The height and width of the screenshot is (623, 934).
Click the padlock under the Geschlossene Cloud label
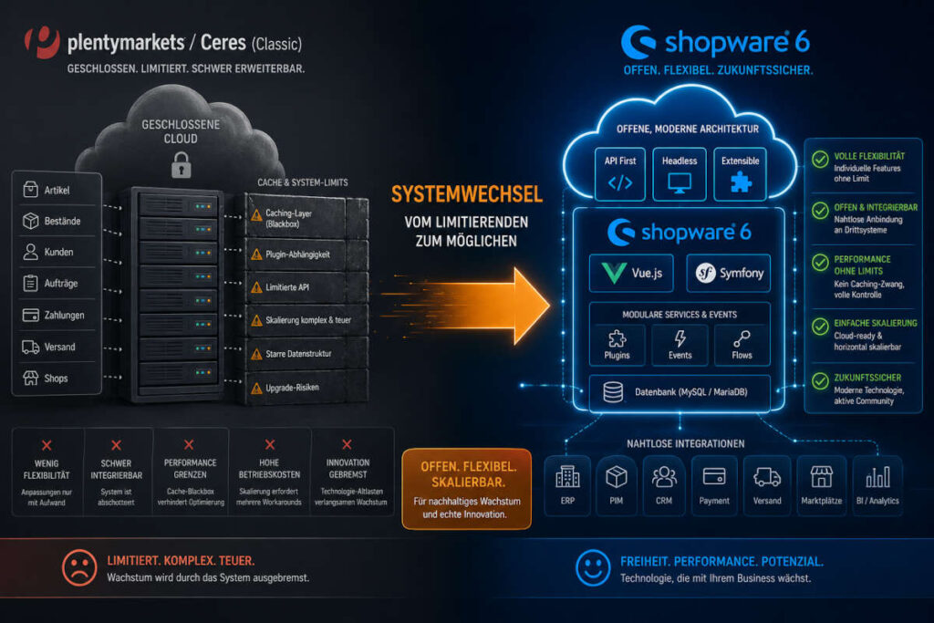[x=182, y=165]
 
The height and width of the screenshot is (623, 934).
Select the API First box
[x=620, y=174]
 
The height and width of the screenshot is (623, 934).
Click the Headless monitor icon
[x=679, y=182]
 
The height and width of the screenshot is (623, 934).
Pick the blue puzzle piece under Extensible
[x=741, y=182]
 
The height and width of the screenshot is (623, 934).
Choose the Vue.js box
[x=631, y=274]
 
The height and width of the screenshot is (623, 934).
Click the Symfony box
[x=729, y=274]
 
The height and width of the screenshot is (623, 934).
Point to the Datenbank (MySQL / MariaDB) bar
[x=680, y=392]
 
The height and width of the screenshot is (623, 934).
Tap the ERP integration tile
[x=567, y=485]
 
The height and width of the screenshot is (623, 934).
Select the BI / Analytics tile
[x=877, y=485]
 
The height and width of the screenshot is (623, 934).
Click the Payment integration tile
[x=713, y=485]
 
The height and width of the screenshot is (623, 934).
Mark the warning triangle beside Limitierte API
[x=256, y=287]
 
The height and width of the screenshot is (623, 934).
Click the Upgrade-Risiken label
[x=292, y=388]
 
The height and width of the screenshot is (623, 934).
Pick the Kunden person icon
[x=30, y=252]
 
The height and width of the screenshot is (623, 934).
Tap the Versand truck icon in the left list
[x=30, y=347]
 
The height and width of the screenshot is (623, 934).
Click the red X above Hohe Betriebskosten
[x=270, y=444]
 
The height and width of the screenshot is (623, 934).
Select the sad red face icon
[x=79, y=567]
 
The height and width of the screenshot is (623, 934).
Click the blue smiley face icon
[x=593, y=567]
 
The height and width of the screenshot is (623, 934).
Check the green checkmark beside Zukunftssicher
[x=820, y=380]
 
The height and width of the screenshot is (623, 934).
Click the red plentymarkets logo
[x=42, y=42]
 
